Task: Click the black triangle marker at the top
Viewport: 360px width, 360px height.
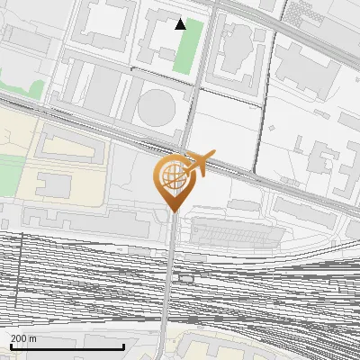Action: tap(181, 24)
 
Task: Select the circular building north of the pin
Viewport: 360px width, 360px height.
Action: tap(156, 109)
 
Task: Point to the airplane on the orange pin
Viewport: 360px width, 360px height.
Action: tap(199, 163)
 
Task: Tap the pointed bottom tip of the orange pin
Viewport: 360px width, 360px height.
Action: tap(171, 211)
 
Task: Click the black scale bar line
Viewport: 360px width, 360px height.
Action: tap(67, 347)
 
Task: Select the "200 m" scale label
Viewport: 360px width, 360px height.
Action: tap(24, 338)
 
